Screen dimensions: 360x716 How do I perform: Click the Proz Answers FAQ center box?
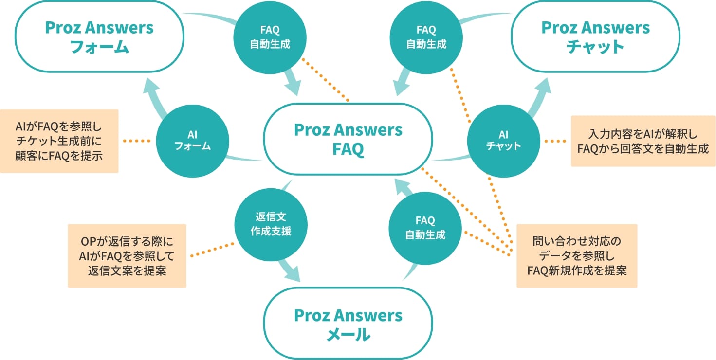tap(348, 139)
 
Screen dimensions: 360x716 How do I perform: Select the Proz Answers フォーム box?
tap(99, 37)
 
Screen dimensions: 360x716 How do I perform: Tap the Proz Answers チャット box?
tap(595, 37)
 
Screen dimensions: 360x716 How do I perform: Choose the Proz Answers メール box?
tap(348, 324)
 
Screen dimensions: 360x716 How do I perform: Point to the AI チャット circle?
tap(503, 140)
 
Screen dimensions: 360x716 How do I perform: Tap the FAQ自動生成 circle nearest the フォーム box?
tap(270, 38)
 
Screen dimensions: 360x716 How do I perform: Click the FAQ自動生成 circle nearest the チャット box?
tap(426, 38)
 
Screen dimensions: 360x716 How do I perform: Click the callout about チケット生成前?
tap(59, 141)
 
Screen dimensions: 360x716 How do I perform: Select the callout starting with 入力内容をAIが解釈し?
tap(643, 141)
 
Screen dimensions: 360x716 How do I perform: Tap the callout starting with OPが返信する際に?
tap(127, 256)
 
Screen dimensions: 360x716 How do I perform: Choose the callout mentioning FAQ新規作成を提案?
tap(577, 256)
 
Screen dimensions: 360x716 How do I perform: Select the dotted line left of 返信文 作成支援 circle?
tap(211, 249)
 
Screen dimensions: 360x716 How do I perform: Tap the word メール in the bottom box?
tap(348, 335)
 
